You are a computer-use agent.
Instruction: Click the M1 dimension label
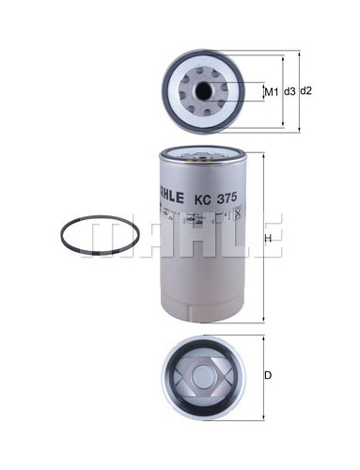[x=272, y=92]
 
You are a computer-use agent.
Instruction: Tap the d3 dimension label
[x=290, y=91]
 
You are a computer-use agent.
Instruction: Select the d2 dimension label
[x=306, y=91]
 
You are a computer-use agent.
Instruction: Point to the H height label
[x=268, y=239]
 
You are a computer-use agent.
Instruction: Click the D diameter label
[x=268, y=375]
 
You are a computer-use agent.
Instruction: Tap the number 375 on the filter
[x=224, y=199]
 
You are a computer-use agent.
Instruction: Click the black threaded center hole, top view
[x=203, y=91]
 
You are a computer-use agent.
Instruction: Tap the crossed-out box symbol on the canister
[x=238, y=213]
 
